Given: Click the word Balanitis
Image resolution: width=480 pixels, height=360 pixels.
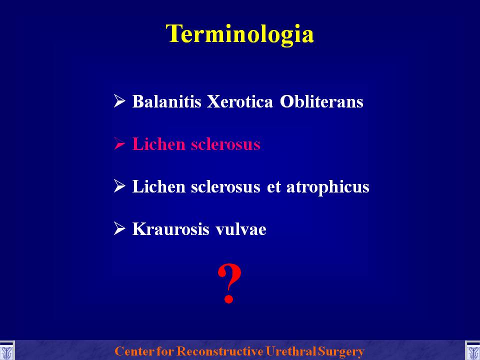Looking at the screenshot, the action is tap(166, 101).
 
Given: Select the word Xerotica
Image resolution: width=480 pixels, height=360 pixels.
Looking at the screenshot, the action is tap(239, 101).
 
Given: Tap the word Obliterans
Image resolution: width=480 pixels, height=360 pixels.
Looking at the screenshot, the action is tap(321, 101).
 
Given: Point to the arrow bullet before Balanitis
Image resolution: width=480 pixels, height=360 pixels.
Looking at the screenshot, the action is tap(119, 101).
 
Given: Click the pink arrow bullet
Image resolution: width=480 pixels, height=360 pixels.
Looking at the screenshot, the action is tap(119, 143).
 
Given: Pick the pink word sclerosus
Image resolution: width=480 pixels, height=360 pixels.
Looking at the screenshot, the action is tap(225, 144).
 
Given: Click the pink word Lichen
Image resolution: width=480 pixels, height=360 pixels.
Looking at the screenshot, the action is tap(158, 144).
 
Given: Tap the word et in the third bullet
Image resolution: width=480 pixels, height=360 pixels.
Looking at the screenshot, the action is tap(273, 186).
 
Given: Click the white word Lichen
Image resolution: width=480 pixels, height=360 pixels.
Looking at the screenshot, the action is tap(158, 186).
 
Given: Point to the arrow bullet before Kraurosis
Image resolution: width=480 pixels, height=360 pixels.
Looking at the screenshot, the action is tap(119, 228).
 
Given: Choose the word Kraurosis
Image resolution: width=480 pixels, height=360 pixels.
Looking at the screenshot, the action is tap(170, 229).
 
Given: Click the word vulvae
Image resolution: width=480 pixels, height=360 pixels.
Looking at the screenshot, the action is tap(241, 229).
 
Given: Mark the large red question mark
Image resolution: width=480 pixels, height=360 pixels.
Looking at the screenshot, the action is tap(229, 284).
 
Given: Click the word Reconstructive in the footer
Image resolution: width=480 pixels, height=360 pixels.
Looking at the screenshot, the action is tap(219, 351).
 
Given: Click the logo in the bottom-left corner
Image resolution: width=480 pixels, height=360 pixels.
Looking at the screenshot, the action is tap(6, 351).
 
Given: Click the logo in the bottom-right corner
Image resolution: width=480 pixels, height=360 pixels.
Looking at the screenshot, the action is tap(472, 351).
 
